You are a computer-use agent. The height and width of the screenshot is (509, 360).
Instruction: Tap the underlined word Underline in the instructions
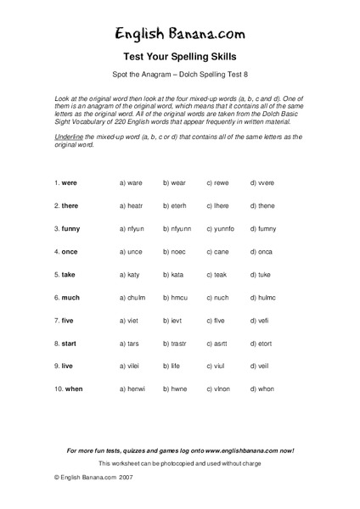[66, 137]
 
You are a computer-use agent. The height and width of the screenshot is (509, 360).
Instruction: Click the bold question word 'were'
[70, 182]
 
